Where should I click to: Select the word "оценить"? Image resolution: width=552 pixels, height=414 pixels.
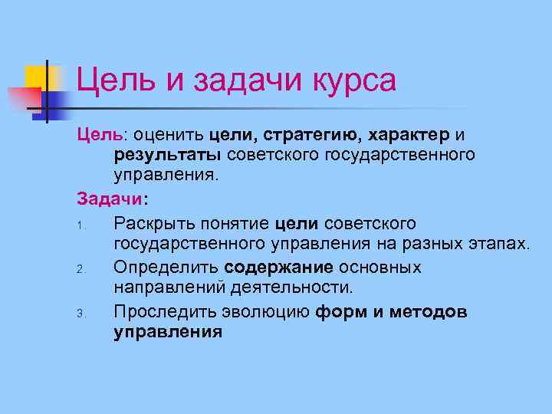(166, 136)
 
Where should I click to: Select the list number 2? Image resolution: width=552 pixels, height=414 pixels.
(80, 269)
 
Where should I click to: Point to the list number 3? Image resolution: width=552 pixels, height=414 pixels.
(80, 314)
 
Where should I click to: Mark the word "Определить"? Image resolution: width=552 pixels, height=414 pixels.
(166, 268)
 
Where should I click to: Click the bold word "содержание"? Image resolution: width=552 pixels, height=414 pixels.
(279, 268)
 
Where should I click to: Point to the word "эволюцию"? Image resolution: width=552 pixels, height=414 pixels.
(264, 311)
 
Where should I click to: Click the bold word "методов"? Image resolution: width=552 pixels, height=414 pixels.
(429, 311)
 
